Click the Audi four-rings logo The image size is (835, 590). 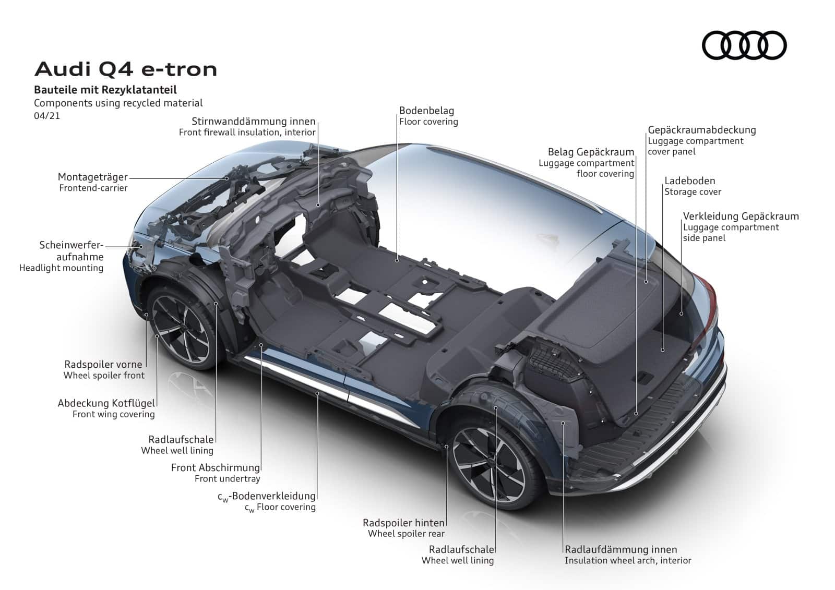(x=744, y=45)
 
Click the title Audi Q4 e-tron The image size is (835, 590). (x=126, y=69)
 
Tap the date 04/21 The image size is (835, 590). (x=47, y=115)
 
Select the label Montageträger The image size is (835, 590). (x=92, y=177)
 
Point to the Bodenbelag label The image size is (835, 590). (x=426, y=111)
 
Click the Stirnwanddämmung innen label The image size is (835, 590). (x=254, y=122)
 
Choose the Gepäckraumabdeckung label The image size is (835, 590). (x=702, y=130)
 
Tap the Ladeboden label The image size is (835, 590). (x=689, y=181)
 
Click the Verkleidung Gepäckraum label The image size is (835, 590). (x=741, y=216)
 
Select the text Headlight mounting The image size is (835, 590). (x=61, y=268)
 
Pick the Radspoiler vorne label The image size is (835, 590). (x=103, y=364)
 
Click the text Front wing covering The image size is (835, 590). (x=113, y=414)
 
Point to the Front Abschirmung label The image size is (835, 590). (x=216, y=467)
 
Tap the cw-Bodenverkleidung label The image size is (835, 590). (x=267, y=497)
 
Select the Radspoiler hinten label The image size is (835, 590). (x=404, y=523)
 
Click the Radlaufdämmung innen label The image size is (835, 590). (x=621, y=549)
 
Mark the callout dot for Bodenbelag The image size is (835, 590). (x=397, y=260)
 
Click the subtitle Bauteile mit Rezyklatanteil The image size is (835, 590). (x=105, y=90)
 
